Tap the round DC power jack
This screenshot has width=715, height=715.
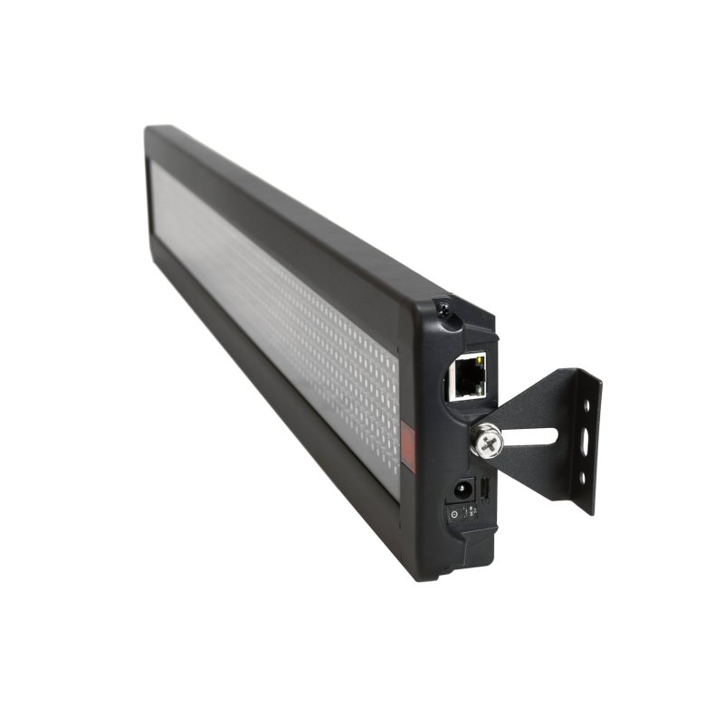(462, 490)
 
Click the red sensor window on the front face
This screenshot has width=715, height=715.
(407, 450)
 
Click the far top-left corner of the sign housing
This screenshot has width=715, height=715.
(148, 129)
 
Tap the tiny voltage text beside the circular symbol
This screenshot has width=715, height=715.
(471, 511)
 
